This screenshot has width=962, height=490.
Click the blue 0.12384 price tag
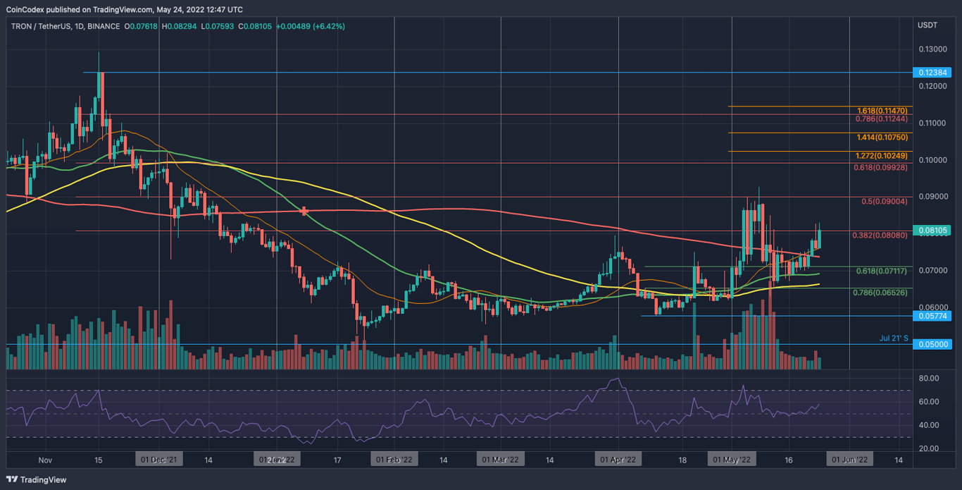click(x=932, y=73)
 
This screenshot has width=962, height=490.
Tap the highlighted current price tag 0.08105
click(x=932, y=231)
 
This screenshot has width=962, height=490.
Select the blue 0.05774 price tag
click(x=932, y=316)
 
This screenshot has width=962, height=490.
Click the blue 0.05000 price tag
click(x=932, y=345)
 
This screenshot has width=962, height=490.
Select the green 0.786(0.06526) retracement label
click(x=882, y=292)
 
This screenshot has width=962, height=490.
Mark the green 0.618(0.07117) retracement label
click(x=882, y=271)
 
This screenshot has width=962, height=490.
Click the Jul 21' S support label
click(x=894, y=338)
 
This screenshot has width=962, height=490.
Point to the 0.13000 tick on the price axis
click(x=931, y=49)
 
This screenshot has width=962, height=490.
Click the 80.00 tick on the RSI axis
click(x=929, y=379)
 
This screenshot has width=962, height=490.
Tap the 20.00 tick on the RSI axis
click(x=929, y=448)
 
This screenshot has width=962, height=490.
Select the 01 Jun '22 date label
click(x=849, y=460)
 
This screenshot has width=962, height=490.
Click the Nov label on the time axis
click(x=45, y=460)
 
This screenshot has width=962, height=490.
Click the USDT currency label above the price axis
click(x=927, y=26)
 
